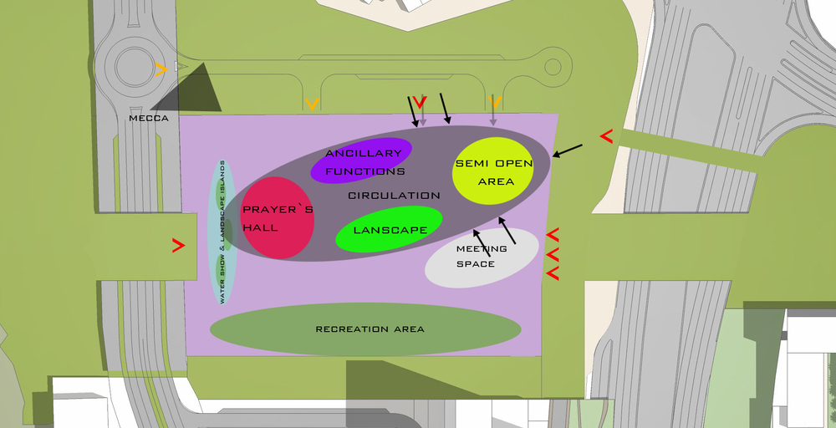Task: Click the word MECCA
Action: click(x=149, y=119)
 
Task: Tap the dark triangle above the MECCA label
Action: click(x=195, y=94)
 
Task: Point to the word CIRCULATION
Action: click(x=394, y=196)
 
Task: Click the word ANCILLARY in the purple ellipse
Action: click(x=364, y=154)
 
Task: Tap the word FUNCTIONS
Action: click(x=365, y=171)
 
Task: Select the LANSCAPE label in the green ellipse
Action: click(x=390, y=230)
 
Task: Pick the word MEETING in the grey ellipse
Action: click(x=482, y=249)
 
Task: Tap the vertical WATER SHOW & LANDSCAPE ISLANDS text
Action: click(x=222, y=232)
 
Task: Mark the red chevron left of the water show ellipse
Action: click(x=179, y=245)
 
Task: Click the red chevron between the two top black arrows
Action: click(x=421, y=102)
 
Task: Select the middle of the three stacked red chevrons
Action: click(x=553, y=254)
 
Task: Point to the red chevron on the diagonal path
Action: click(x=606, y=136)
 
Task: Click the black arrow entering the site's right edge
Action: click(x=568, y=150)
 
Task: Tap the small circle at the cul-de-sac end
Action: click(x=553, y=67)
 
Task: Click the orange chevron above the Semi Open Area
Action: click(x=495, y=102)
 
